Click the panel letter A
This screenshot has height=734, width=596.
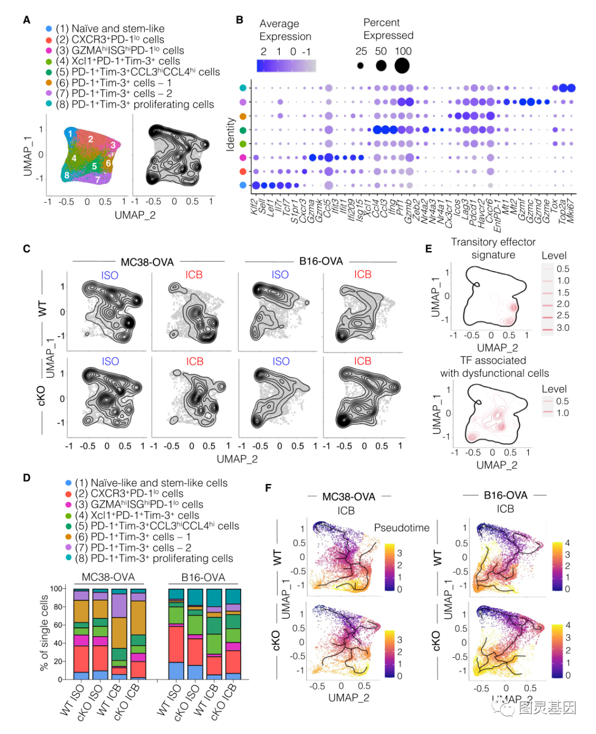(26, 20)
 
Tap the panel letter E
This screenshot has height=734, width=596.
(428, 248)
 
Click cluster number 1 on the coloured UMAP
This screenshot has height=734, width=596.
(70, 133)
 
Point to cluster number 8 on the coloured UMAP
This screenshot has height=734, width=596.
(67, 175)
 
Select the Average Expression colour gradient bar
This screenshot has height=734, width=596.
(286, 66)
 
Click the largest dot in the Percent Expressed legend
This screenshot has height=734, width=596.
(402, 66)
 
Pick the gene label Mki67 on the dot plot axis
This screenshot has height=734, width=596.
(570, 211)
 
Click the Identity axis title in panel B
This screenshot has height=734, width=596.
(231, 134)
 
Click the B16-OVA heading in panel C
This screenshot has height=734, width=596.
(321, 261)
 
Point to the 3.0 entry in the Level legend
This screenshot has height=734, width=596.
(562, 328)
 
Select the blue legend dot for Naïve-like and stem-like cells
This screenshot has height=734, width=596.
(68, 483)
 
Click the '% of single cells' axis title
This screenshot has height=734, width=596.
(45, 632)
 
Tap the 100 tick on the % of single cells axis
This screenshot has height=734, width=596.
(56, 588)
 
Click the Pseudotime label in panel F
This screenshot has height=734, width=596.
(402, 528)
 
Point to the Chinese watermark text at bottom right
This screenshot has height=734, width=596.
(546, 708)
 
